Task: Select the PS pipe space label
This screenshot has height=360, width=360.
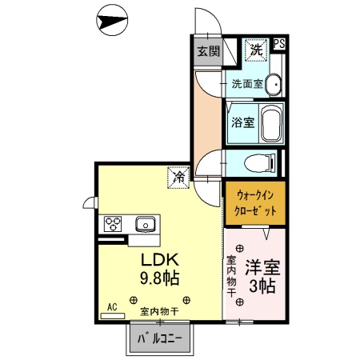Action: [278, 45]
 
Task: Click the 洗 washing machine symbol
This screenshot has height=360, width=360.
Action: [255, 50]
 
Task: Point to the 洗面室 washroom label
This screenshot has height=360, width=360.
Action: [247, 83]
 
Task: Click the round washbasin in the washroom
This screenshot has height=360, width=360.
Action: [273, 84]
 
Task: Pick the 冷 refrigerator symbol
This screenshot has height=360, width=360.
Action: [177, 177]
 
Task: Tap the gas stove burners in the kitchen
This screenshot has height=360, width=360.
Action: [112, 223]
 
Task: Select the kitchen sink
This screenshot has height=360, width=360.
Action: [146, 223]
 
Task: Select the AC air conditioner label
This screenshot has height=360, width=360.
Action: [112, 306]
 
